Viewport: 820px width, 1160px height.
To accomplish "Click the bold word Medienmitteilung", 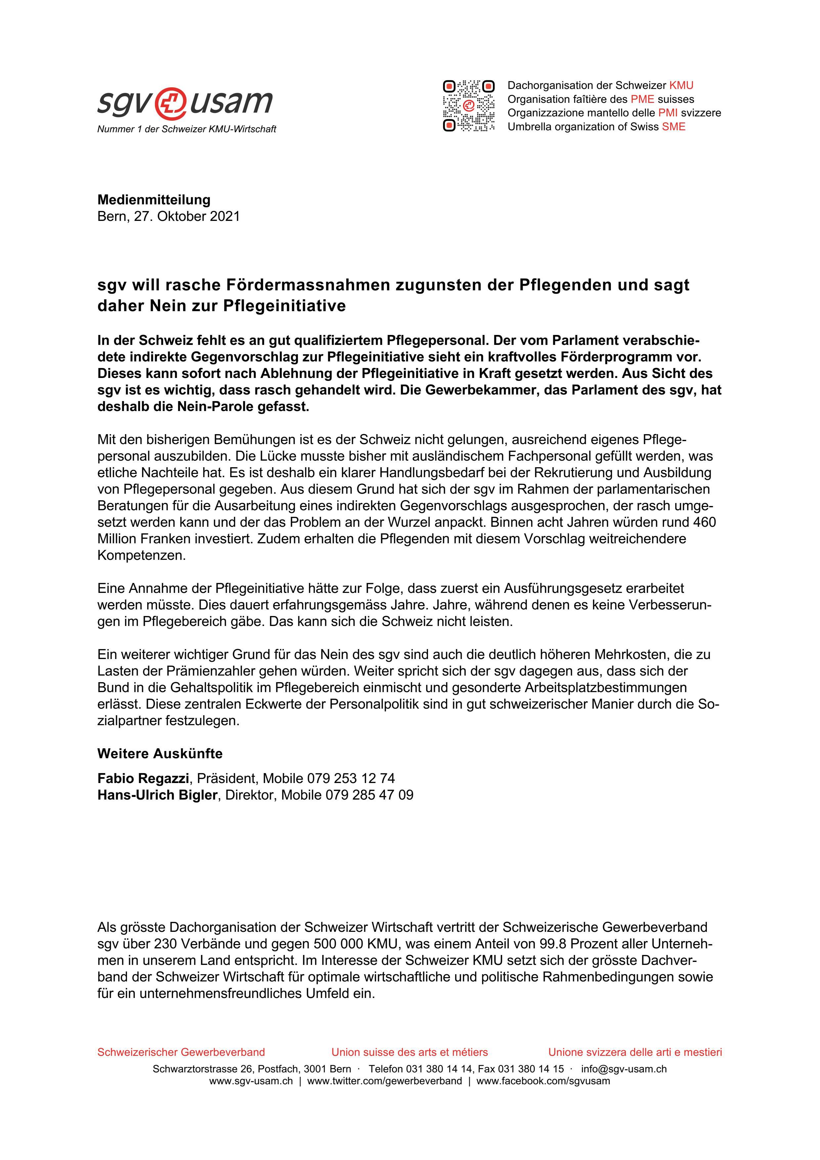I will click(153, 200).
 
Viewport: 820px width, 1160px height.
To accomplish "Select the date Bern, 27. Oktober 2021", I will click(168, 216).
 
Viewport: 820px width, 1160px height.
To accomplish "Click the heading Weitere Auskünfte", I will click(160, 754).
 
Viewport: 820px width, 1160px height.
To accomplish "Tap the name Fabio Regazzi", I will click(143, 778).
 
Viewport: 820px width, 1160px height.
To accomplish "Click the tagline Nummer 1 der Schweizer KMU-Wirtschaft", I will click(187, 129).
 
